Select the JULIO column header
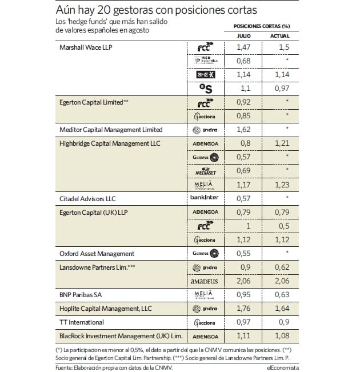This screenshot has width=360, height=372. tap(243, 36)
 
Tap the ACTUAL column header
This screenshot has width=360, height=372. tap(279, 36)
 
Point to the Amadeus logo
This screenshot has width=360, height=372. tap(204, 281)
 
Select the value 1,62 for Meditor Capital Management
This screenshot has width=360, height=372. tap(243, 130)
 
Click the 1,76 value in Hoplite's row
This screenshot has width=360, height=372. tap(243, 309)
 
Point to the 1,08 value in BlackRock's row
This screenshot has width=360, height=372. tap(279, 337)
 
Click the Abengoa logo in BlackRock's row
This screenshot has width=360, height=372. tap(204, 337)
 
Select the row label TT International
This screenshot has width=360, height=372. tap(80, 323)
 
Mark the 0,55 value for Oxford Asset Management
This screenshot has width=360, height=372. tap(243, 253)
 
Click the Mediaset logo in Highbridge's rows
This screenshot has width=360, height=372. tap(204, 170)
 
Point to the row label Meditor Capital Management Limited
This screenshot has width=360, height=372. tap(111, 130)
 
